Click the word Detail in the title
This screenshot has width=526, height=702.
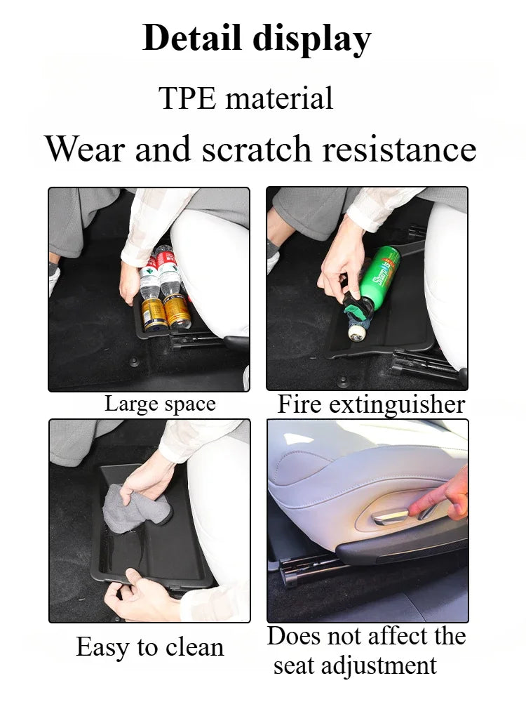point(194,38)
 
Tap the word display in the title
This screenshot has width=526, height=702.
point(312,40)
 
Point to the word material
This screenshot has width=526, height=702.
point(279,98)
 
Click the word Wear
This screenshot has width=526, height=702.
point(85,149)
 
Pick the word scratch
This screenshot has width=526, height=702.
point(256,149)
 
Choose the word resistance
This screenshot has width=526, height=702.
point(399,149)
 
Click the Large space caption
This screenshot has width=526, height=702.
point(160,404)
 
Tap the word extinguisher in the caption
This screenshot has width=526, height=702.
point(397,405)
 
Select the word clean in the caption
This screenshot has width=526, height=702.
point(194,647)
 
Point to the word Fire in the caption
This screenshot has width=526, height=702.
point(299,404)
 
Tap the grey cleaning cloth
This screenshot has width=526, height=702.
point(133,508)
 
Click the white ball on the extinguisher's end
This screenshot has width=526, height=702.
point(356,333)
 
